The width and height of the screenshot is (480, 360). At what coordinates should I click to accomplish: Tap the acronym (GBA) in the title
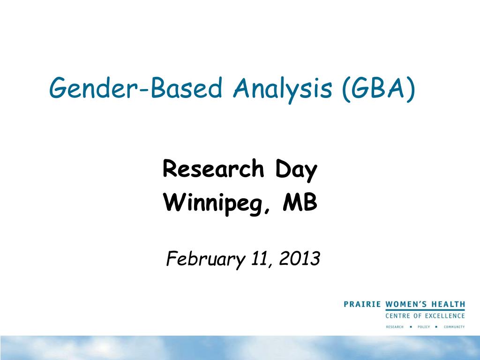[x=378, y=88]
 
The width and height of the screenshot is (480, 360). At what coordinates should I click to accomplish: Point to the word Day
[x=296, y=170]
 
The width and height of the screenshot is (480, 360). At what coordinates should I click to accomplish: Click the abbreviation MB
[x=300, y=203]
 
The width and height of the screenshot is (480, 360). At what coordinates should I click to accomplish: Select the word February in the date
[x=202, y=258]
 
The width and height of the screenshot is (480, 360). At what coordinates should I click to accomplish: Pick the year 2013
[x=299, y=258]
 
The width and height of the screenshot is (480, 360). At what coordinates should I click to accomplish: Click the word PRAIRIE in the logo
[x=363, y=304]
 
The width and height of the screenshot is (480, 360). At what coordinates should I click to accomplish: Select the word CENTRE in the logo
[x=398, y=316]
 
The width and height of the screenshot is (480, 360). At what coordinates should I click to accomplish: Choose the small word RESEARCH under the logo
[x=395, y=327]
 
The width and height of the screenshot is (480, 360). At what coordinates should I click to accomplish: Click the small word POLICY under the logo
[x=423, y=327]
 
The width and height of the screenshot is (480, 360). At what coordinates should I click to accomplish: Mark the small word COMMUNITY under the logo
[x=454, y=327]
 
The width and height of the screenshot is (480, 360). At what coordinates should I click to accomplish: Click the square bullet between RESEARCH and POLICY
[x=410, y=327]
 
